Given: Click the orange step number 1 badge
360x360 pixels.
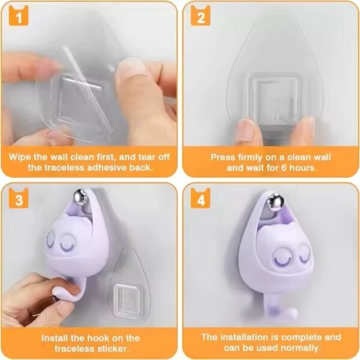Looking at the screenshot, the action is (19, 16).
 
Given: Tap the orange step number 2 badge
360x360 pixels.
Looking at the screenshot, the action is (200, 16).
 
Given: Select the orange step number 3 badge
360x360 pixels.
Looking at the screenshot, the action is (19, 199).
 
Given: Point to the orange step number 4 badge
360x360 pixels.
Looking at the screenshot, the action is (200, 199).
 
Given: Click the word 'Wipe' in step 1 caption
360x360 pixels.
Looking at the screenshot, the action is (20, 157).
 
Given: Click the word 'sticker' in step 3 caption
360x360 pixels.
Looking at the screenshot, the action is (112, 349).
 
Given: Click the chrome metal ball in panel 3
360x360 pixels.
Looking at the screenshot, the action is (79, 197).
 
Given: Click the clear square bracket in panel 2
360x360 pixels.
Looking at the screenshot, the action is (275, 99).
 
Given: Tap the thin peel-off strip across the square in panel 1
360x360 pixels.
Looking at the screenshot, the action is (87, 89).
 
